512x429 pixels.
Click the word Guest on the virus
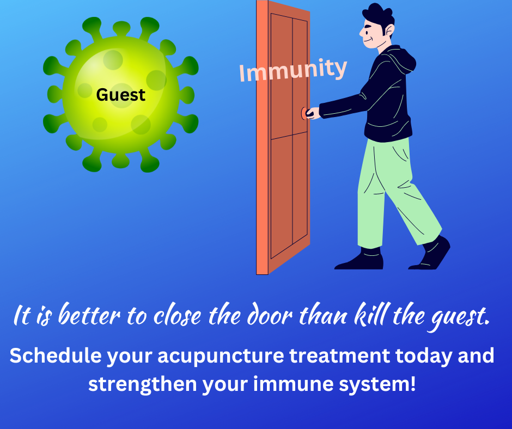[120, 95]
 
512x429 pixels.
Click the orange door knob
[304, 113]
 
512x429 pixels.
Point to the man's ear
[389, 30]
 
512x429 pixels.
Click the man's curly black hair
[379, 15]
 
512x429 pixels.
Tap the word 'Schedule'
[55, 355]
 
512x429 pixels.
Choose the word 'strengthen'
[142, 384]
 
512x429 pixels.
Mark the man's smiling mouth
[368, 40]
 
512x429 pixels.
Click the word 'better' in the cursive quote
[89, 314]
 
